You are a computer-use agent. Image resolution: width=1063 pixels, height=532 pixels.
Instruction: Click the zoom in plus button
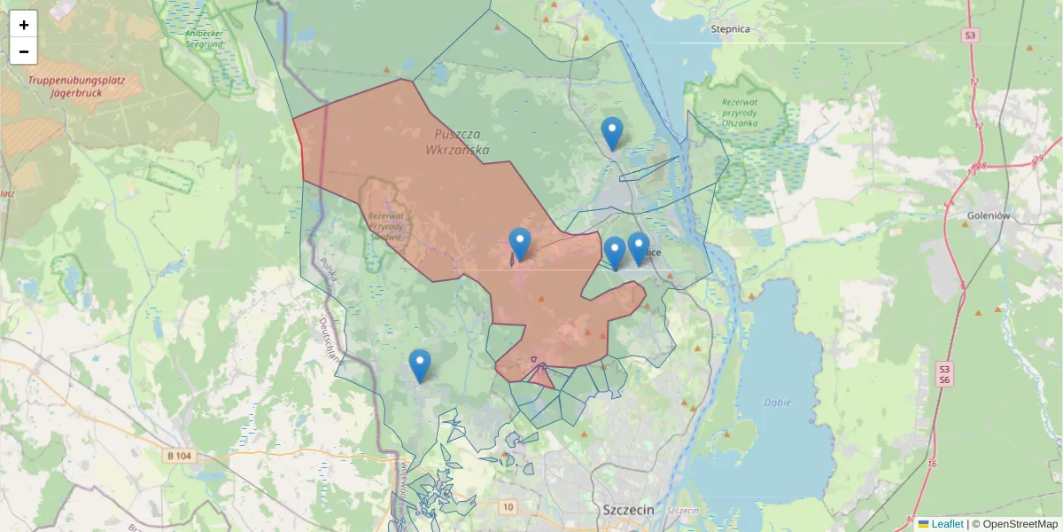24,25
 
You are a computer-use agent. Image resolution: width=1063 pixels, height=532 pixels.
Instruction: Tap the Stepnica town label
731,29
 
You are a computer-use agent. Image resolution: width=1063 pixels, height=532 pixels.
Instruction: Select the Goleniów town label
989,215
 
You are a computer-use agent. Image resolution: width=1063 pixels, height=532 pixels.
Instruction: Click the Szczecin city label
627,510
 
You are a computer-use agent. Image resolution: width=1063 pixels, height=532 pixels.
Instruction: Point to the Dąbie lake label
777,402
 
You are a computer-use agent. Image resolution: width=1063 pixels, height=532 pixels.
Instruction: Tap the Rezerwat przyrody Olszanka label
739,112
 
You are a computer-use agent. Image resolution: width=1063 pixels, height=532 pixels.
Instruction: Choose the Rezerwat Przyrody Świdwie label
385,225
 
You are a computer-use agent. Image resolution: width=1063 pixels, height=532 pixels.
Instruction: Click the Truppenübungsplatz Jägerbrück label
75,85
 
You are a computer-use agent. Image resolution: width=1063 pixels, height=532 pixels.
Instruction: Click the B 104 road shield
178,456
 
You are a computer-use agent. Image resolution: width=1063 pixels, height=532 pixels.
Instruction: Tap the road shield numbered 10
507,507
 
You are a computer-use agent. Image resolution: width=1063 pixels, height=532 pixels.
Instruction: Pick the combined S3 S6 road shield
944,373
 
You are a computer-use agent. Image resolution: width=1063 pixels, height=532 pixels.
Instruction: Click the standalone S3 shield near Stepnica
971,35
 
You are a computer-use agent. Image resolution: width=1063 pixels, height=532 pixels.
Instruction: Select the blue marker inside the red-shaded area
520,244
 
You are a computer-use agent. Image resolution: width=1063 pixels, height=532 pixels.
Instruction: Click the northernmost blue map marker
612,133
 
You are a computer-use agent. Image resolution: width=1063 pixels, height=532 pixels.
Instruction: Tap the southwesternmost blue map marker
420,365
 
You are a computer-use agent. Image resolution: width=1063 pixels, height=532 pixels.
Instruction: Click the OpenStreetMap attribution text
1014,524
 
